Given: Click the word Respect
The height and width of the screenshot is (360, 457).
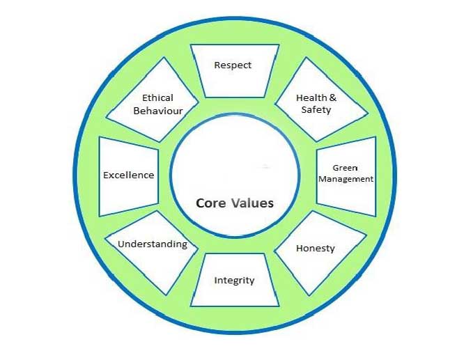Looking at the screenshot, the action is click(x=233, y=65).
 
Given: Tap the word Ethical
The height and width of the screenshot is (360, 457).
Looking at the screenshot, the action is click(x=157, y=98).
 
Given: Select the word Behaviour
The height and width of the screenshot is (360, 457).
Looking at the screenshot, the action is click(x=158, y=111).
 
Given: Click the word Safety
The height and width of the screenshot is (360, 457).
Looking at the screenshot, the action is click(x=316, y=110).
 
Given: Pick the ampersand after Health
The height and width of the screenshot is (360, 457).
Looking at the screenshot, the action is click(x=332, y=98).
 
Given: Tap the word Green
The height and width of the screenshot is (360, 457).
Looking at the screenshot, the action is click(x=346, y=168).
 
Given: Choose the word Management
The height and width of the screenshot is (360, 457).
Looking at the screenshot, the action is click(x=346, y=179).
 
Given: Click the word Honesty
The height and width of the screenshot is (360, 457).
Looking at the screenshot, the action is click(x=316, y=249).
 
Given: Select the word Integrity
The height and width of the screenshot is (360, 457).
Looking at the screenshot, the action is click(x=234, y=281).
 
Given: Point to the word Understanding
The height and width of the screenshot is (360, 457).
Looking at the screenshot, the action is click(x=153, y=244).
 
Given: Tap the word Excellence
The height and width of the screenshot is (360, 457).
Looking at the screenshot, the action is click(x=128, y=175).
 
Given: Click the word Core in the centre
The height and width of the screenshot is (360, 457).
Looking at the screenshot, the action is click(x=210, y=203).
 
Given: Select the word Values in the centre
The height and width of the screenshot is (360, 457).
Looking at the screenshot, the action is click(x=253, y=203).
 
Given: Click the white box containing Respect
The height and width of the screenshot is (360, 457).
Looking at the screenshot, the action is click(x=235, y=71).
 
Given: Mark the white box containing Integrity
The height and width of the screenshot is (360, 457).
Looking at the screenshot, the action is click(x=235, y=280).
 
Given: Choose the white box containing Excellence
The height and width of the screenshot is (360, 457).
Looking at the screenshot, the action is click(x=129, y=176).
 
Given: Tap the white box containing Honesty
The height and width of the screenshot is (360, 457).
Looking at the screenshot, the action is click(x=320, y=253).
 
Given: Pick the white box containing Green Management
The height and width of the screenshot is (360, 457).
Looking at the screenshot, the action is click(x=346, y=176).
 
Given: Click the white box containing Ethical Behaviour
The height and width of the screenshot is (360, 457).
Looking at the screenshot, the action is click(x=152, y=100).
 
